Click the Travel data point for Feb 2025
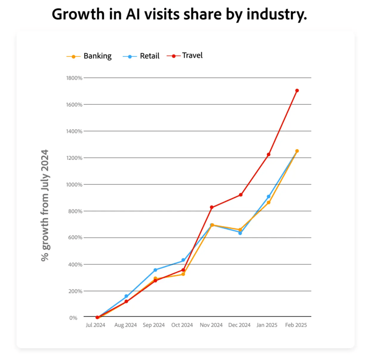click(297, 90)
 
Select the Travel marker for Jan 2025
click(269, 154)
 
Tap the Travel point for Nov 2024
click(212, 207)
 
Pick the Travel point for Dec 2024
click(240, 195)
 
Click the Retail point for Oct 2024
click(183, 260)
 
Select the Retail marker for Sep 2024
click(155, 270)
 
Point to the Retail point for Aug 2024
click(126, 296)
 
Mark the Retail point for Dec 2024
click(240, 233)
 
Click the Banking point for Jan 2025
click(269, 202)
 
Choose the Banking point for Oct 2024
click(183, 274)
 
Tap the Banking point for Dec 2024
click(240, 230)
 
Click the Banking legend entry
click(89, 56)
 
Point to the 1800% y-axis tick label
click(74, 78)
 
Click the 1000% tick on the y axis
click(74, 184)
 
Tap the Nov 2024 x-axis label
click(211, 325)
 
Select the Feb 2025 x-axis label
click(296, 325)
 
